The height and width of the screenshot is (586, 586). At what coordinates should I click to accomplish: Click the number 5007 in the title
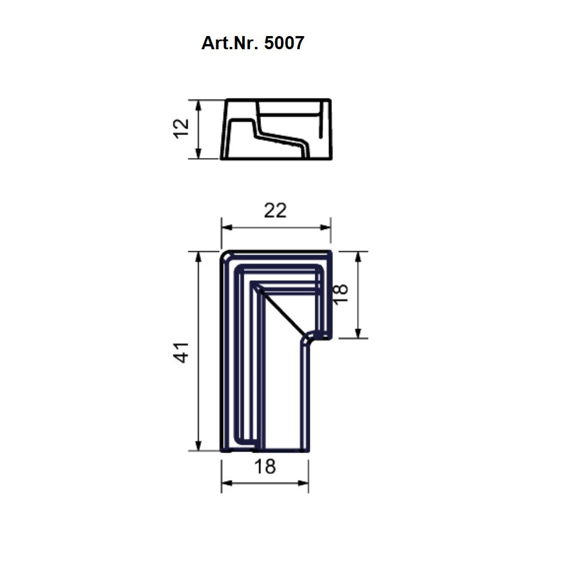[284, 43]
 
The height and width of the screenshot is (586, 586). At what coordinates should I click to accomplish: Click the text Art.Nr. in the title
[230, 43]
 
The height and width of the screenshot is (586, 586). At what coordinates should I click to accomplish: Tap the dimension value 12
[181, 129]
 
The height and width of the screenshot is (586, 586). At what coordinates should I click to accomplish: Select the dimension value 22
[275, 211]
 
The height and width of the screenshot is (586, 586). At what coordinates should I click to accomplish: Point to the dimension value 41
[181, 352]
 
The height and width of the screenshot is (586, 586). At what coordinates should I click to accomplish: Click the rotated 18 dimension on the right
[340, 294]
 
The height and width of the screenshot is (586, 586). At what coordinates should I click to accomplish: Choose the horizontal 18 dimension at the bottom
[265, 467]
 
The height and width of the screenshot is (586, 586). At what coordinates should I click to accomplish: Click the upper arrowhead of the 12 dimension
[199, 105]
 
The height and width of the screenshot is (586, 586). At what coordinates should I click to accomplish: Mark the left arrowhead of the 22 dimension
[227, 228]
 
